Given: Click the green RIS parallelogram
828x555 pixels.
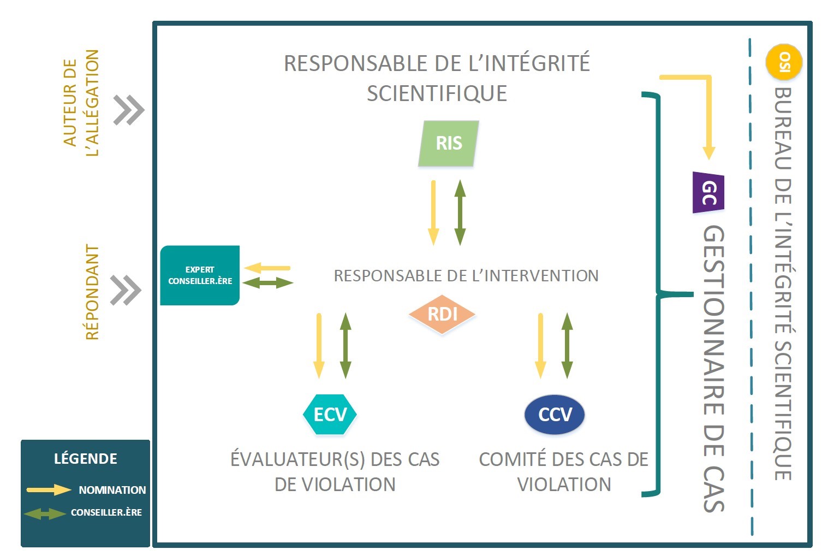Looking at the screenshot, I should coord(449,143).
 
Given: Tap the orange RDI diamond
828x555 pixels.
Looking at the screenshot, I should coord(442,314).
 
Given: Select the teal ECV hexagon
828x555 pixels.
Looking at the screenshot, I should coord(330,414).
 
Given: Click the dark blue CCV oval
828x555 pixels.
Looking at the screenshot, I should coord(555,415).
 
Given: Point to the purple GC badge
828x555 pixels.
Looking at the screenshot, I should coord(708,193).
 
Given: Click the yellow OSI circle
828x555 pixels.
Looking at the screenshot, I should coord(784,62).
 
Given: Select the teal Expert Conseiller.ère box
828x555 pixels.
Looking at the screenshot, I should coord(200,275).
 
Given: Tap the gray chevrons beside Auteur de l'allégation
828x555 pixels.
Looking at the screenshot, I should coord(129,110).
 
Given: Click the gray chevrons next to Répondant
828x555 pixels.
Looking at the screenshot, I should coord(126,290).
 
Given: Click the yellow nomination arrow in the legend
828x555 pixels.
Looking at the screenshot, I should coord(49,489).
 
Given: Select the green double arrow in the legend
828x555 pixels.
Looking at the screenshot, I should coord(45,513).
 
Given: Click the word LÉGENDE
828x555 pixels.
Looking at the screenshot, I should coord(86,458).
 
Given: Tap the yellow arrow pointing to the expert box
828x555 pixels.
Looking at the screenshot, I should coord(267,268).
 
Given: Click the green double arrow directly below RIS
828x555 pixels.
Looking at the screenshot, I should coord(460,212).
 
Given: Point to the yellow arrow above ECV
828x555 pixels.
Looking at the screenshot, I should coord(319,345).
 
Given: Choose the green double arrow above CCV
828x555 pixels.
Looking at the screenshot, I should coord(567,345).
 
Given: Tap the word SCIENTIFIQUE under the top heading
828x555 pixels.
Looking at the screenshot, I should coord(437,93).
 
